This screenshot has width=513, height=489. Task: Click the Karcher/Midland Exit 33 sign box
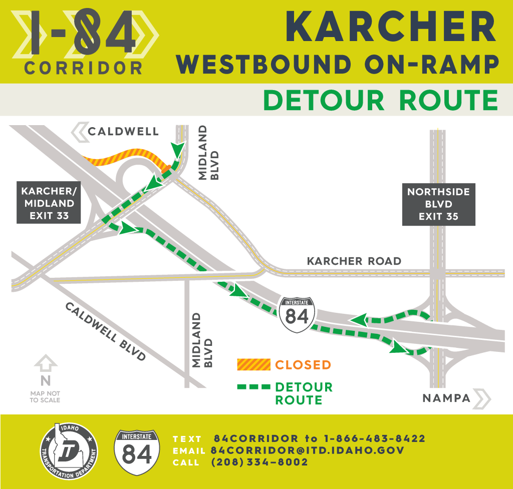pyautogui.click(x=48, y=204)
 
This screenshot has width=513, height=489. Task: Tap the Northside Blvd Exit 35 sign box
pyautogui.click(x=438, y=204)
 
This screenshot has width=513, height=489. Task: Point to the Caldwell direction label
pyautogui.click(x=123, y=132)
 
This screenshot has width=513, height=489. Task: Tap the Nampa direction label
pyautogui.click(x=446, y=398)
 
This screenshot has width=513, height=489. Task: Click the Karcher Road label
pyautogui.click(x=354, y=261)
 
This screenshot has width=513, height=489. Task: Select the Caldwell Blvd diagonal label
pyautogui.click(x=105, y=331)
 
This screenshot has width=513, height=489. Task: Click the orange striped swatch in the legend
pyautogui.click(x=253, y=365)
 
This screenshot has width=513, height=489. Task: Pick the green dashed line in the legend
pyautogui.click(x=253, y=387)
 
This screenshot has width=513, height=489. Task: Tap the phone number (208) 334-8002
pyautogui.click(x=260, y=462)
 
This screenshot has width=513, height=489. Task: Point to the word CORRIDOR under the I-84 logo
pyautogui.click(x=83, y=68)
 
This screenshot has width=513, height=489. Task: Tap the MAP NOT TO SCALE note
pyautogui.click(x=45, y=397)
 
